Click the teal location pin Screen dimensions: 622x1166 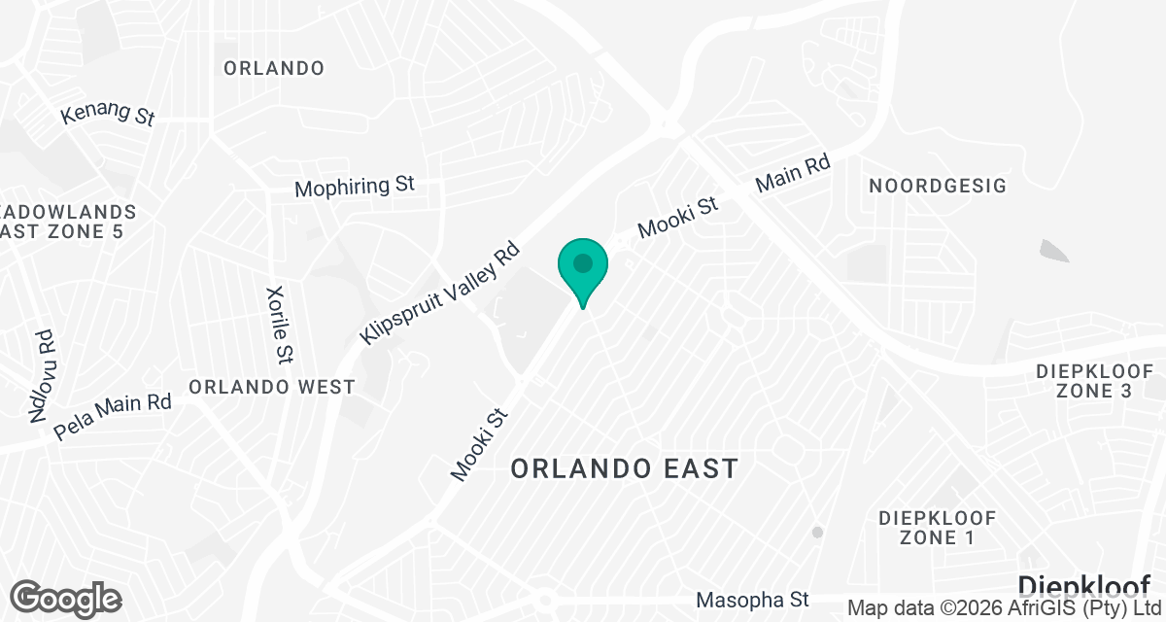[x=582, y=267]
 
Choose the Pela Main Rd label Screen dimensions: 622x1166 [x=113, y=415]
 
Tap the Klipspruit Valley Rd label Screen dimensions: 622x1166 [x=441, y=292]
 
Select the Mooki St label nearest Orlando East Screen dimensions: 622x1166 [x=480, y=443]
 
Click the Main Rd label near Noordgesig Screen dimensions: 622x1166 [x=794, y=174]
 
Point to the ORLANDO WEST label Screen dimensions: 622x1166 [x=272, y=387]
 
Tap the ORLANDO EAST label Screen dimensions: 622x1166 [x=625, y=468]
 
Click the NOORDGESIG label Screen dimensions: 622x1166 [x=938, y=186]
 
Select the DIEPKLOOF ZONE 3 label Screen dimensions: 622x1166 [x=1095, y=381]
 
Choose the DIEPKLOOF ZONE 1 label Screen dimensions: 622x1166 [x=939, y=527]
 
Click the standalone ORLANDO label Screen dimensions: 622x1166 [x=274, y=68]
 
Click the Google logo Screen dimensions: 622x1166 [x=66, y=597]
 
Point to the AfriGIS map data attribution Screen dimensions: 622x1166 [x=1005, y=608]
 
